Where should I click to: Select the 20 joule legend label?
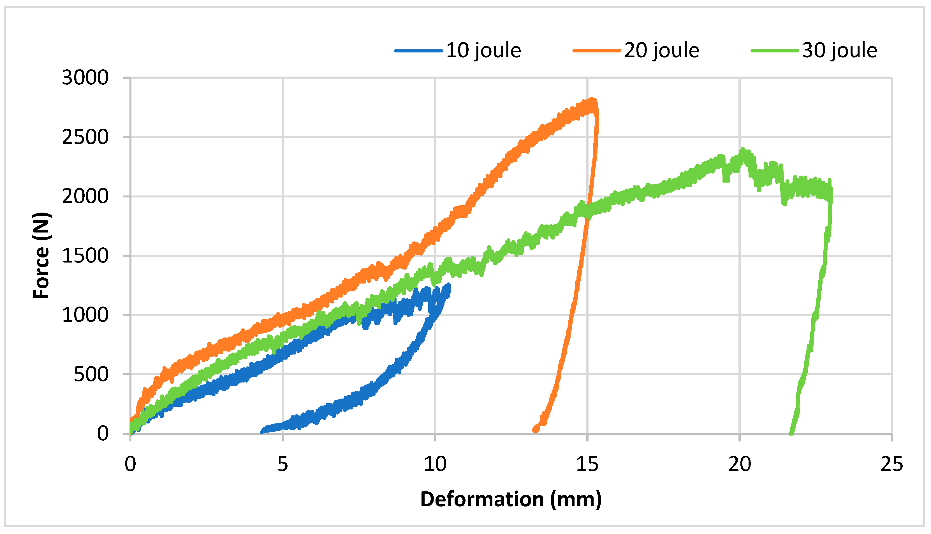coord(662,50)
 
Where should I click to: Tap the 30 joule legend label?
coord(840,50)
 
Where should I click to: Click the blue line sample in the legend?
coord(418,50)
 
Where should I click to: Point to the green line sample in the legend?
coord(775,50)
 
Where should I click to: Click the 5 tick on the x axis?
coord(282,464)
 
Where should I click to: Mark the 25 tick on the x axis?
coord(891,464)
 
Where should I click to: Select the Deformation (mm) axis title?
coord(511,500)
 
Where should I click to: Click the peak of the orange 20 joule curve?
coord(592,100)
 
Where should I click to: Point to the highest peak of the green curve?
coord(743,150)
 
